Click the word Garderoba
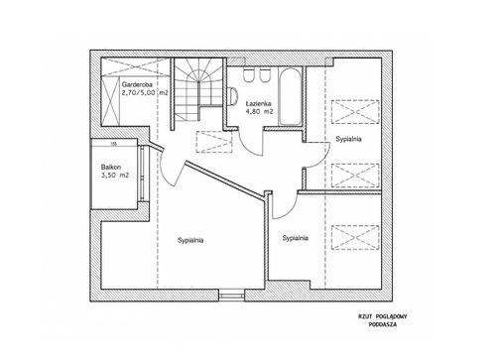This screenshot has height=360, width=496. pyautogui.click(x=137, y=84)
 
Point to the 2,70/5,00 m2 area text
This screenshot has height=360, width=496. pyautogui.click(x=145, y=93)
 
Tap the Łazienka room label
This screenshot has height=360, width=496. pyautogui.click(x=258, y=103)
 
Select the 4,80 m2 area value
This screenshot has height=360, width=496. pyautogui.click(x=259, y=112)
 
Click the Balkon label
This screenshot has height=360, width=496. pyautogui.click(x=111, y=167)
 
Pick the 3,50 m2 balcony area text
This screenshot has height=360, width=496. pyautogui.click(x=115, y=176)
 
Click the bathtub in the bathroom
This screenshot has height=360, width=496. pyautogui.click(x=290, y=96)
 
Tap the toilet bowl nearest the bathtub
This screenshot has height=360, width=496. pyautogui.click(x=264, y=75)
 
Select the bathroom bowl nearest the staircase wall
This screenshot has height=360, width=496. pyautogui.click(x=248, y=75)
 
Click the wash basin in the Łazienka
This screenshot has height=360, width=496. pyautogui.click(x=233, y=96)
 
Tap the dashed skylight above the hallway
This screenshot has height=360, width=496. pyautogui.click(x=214, y=142)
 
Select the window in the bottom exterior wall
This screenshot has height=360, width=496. pyautogui.click(x=232, y=296)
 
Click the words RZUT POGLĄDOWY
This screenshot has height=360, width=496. pyautogui.click(x=383, y=316)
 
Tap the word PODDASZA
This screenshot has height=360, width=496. pyautogui.click(x=383, y=324)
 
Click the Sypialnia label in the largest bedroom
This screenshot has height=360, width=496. pyautogui.click(x=190, y=240)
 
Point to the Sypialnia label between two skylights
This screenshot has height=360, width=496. pyautogui.click(x=348, y=139)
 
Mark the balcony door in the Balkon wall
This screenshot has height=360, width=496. pyautogui.click(x=142, y=174)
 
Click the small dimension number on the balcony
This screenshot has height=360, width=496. pyautogui.click(x=113, y=144)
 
